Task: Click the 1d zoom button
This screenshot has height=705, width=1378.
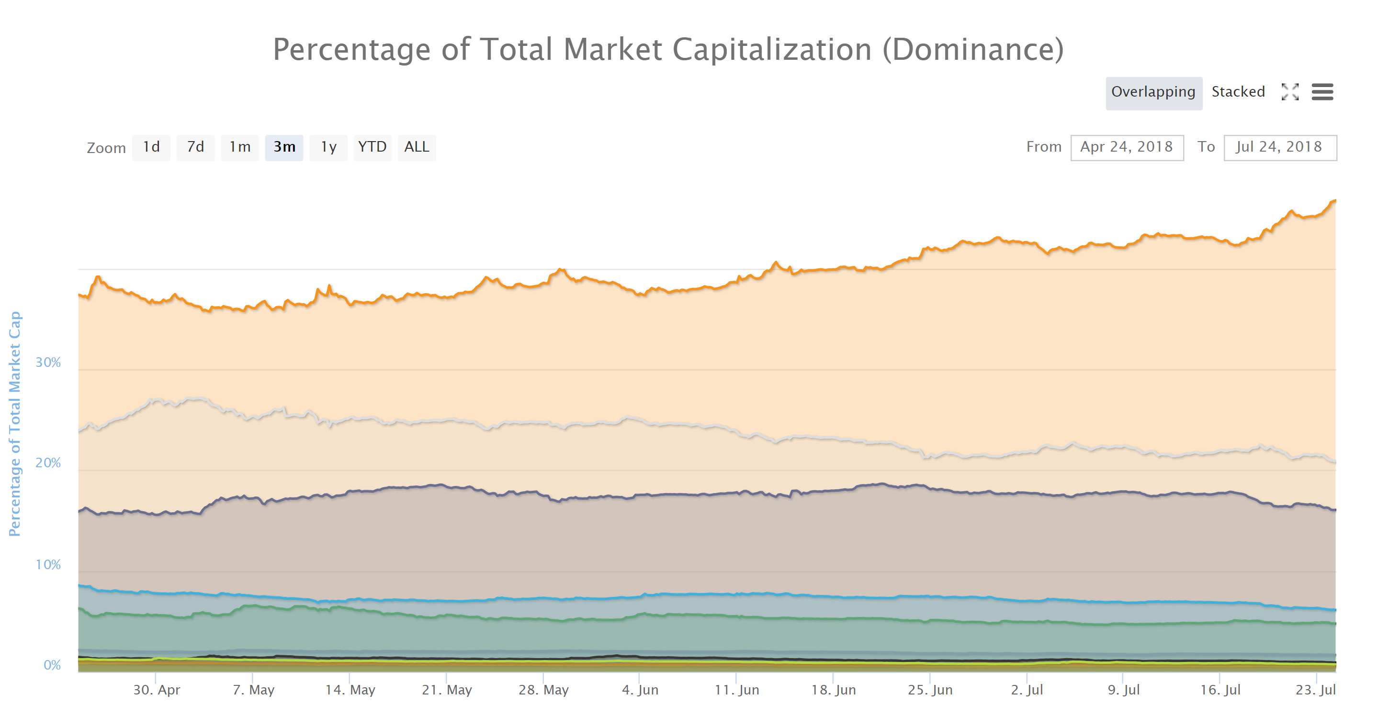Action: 151,147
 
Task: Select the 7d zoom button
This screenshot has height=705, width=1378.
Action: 195,147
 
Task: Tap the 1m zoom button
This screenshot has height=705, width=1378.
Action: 240,147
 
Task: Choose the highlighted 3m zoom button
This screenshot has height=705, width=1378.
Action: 284,147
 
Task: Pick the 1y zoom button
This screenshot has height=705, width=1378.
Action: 328,147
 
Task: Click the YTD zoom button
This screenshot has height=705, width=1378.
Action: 373,147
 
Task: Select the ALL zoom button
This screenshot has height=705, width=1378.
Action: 417,147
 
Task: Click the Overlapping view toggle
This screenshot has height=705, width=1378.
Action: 1153,92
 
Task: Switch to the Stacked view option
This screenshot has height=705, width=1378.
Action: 1238,92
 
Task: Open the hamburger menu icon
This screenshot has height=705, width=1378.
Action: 1322,92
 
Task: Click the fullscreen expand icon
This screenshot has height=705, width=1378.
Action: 1290,92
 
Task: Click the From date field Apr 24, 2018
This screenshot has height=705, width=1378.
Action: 1127,147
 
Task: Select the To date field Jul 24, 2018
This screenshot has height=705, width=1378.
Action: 1279,147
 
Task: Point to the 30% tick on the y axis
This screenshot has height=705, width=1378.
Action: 48,363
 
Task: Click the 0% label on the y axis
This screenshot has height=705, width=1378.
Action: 52,665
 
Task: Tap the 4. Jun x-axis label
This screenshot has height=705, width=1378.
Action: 640,690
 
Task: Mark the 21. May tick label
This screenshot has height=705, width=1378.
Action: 447,690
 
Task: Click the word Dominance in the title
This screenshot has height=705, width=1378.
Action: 973,50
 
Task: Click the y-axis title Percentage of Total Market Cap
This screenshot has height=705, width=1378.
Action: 14,423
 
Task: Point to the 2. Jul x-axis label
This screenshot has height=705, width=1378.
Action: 1027,690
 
